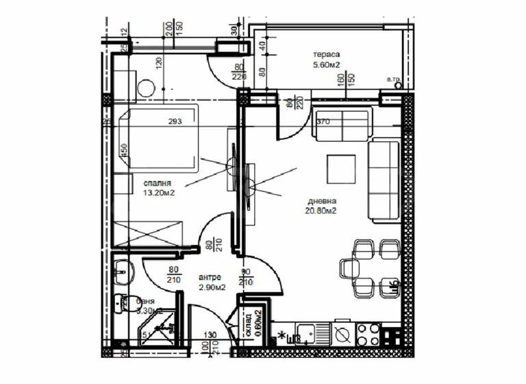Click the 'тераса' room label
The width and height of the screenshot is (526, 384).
(327, 55)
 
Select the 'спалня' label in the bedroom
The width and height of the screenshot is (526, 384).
(157, 183)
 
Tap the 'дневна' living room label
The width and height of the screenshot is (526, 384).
(322, 201)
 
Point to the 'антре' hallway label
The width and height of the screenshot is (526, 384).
(209, 276)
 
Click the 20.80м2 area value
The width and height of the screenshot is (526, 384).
(322, 211)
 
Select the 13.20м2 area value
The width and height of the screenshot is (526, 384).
(157, 193)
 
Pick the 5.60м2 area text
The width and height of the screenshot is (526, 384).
(327, 66)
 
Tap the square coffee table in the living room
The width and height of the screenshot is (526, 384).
(341, 167)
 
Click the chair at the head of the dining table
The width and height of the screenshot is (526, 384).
(345, 267)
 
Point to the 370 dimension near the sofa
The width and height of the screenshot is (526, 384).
(323, 122)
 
